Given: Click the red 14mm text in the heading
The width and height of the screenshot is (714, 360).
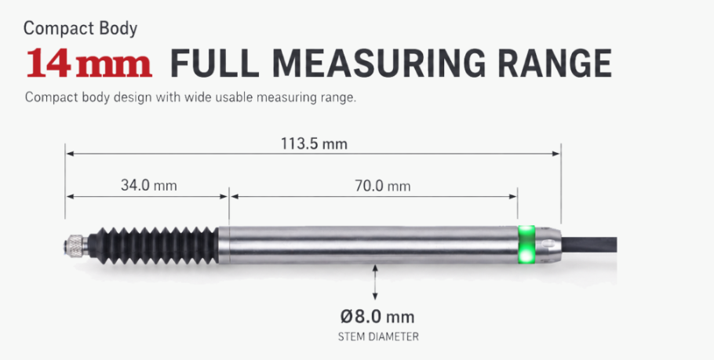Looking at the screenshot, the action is pos(89,63).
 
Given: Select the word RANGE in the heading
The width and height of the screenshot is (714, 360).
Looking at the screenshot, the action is pos(555,63).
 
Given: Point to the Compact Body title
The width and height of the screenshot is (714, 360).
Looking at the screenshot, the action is pos(80,28).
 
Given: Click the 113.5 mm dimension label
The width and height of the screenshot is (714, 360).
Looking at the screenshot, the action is pos(314,144).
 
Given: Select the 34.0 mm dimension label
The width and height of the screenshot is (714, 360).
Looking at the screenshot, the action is pos(148,185).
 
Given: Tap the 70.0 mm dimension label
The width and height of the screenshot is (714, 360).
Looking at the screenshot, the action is pos(383,186).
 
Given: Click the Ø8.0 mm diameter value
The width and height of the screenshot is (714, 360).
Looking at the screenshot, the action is pos(377,316).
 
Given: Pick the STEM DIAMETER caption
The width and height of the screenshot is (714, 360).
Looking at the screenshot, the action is pos(378,336).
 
